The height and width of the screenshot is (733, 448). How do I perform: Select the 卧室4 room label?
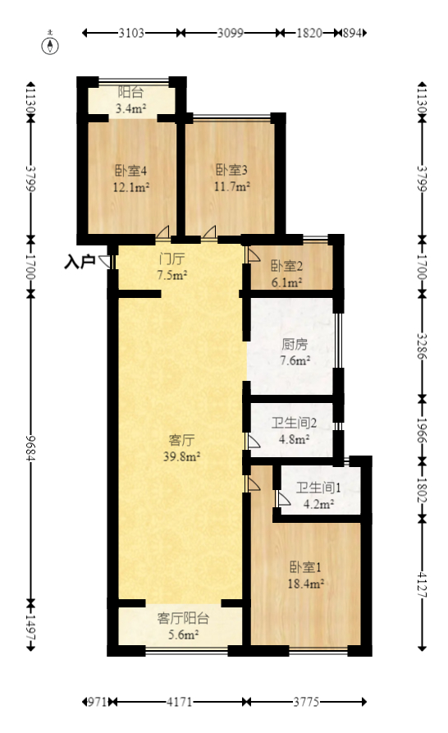(x=130, y=171)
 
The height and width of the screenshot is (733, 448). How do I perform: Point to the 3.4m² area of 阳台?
(x=130, y=108)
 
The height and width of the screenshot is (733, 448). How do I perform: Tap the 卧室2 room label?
(x=287, y=266)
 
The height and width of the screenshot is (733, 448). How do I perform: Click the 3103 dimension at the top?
(x=131, y=34)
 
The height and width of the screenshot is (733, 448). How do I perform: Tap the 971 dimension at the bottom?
(x=97, y=702)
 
